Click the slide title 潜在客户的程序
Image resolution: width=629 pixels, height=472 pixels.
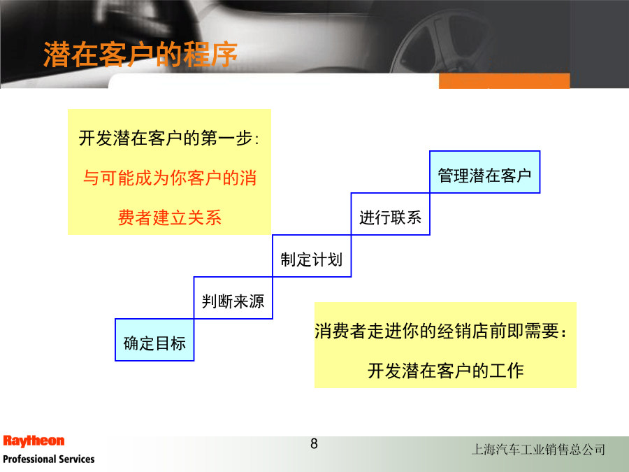click(140, 54)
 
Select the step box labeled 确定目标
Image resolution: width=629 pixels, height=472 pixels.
click(154, 340)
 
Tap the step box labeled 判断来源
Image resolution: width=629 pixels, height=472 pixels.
click(233, 298)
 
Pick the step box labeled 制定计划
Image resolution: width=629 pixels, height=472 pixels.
click(312, 256)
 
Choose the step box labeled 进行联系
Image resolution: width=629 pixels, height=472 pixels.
click(390, 213)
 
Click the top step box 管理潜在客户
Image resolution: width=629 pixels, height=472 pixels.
click(484, 172)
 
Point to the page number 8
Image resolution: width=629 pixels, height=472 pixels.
click(314, 443)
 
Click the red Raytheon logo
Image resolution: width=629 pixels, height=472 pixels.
click(34, 441)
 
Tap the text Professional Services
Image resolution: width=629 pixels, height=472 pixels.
click(48, 459)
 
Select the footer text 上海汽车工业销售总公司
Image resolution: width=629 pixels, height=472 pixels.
click(538, 449)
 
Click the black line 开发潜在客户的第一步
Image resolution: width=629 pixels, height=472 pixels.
click(168, 138)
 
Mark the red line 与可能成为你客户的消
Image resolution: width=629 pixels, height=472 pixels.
click(170, 178)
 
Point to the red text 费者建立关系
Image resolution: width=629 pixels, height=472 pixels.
click(170, 217)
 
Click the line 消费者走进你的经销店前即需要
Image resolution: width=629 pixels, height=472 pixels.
click(440, 331)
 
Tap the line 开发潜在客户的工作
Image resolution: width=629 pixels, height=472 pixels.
click(446, 371)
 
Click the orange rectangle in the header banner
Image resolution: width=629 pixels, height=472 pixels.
click(504, 80)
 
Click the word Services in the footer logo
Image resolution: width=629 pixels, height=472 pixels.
click(77, 459)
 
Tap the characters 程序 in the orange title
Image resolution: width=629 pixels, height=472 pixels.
click(210, 54)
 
